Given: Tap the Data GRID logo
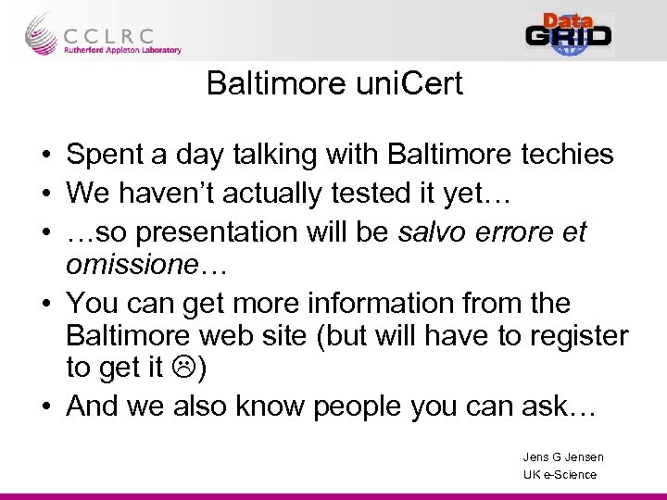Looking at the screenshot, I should tap(569, 34).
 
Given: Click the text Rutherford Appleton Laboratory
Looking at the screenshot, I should tap(122, 51).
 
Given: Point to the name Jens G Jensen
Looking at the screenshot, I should tap(562, 457).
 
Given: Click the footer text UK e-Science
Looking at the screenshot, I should tap(560, 475).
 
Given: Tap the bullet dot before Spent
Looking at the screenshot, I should tap(45, 156).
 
